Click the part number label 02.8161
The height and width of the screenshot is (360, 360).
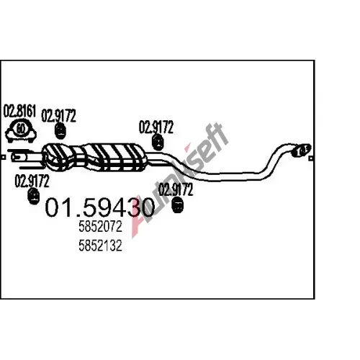[x=19, y=111]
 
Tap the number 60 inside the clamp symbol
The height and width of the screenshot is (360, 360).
[x=20, y=129]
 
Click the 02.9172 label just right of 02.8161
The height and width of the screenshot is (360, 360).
[x=58, y=116]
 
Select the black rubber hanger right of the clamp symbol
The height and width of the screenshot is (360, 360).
[x=60, y=131]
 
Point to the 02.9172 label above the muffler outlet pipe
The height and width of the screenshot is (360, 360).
[x=156, y=127]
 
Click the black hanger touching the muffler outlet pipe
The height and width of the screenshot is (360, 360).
[x=158, y=143]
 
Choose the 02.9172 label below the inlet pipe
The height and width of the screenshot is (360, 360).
[x=32, y=181]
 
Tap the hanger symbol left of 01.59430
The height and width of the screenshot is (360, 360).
[x=34, y=196]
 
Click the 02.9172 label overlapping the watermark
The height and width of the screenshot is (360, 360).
[x=176, y=189]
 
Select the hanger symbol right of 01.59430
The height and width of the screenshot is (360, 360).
[x=178, y=204]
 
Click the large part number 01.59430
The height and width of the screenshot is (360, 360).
[x=100, y=207]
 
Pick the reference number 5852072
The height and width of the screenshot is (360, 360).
[x=101, y=227]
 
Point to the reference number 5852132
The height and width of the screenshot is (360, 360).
[x=101, y=246]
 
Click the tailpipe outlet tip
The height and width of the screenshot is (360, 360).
[x=302, y=150]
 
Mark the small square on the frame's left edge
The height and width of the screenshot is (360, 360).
[x=3, y=158]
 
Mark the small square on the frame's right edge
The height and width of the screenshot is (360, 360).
[x=311, y=158]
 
